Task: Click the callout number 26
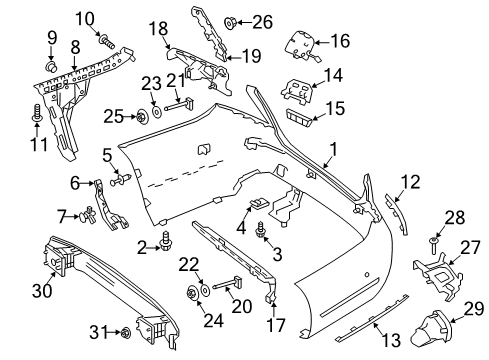click(262, 22)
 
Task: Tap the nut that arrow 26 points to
click(230, 23)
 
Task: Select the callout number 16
click(340, 41)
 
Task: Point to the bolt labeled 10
click(106, 41)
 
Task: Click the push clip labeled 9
click(51, 66)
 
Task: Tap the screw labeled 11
click(36, 112)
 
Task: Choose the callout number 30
click(42, 290)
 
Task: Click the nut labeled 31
click(126, 332)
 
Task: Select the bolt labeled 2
click(165, 241)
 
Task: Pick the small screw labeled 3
click(260, 230)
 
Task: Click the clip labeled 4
click(259, 203)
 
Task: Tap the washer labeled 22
click(204, 289)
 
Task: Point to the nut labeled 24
click(192, 293)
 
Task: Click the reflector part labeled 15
click(298, 118)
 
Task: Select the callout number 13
click(391, 340)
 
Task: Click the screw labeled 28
click(434, 246)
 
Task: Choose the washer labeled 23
click(156, 111)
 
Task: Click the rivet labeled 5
click(120, 180)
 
